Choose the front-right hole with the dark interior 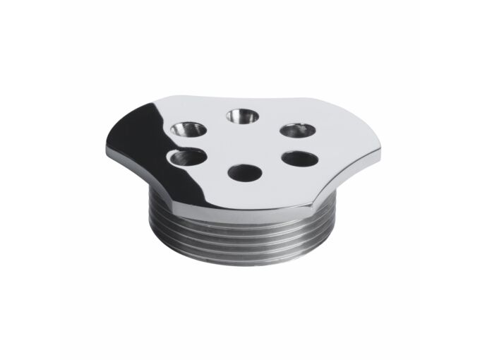[299, 158]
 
